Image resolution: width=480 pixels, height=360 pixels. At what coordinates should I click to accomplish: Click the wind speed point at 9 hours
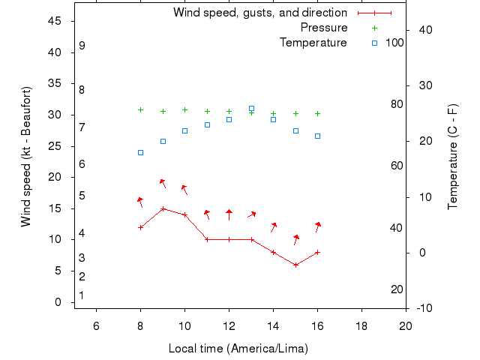click(163, 208)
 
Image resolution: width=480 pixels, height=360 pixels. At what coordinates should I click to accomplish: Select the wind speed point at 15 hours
click(295, 265)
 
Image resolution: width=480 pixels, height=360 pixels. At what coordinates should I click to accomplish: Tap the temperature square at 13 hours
click(251, 109)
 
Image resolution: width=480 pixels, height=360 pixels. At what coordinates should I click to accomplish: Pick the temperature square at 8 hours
click(140, 152)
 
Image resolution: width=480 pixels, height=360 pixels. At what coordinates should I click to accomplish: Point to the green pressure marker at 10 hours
click(184, 109)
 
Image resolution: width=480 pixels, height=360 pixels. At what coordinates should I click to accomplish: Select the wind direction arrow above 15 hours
click(295, 239)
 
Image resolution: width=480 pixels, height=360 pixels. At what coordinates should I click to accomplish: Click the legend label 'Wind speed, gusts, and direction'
click(259, 13)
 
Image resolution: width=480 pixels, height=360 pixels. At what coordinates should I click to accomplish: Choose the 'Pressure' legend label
click(323, 28)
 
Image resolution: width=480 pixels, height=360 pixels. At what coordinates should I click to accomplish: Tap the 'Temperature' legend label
click(313, 43)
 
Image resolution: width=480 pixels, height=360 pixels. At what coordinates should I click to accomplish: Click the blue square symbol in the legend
click(374, 43)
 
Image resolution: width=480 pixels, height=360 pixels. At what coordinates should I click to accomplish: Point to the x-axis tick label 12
click(229, 325)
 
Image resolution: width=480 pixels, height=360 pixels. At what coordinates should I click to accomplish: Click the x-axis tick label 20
click(406, 325)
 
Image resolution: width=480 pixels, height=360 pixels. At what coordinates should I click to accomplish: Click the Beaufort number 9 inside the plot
click(82, 46)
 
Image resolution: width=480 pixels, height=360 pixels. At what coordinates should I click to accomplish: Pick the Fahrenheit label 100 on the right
click(394, 43)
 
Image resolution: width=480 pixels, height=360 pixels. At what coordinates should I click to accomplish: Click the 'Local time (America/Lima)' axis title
click(238, 349)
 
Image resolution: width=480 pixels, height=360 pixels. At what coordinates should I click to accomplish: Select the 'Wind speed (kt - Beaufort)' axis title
click(26, 156)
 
